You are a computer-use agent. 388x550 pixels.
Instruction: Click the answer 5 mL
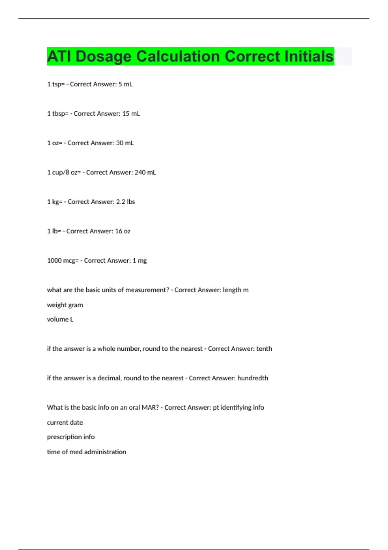[125, 84]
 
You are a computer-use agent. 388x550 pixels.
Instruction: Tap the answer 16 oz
[123, 231]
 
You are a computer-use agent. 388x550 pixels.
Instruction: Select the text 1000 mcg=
[63, 261]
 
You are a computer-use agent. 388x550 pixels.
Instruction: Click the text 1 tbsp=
[58, 114]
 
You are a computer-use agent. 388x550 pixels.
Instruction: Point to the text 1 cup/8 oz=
[64, 172]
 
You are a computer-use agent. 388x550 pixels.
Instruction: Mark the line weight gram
[65, 305]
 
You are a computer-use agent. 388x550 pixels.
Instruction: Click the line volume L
[60, 319]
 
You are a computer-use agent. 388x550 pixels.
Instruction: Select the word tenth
[264, 349]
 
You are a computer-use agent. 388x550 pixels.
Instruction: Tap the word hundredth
[253, 378]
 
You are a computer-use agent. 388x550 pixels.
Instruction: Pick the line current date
[65, 423]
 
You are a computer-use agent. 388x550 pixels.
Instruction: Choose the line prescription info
[71, 437]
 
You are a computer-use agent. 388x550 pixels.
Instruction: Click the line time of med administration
[87, 452]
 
